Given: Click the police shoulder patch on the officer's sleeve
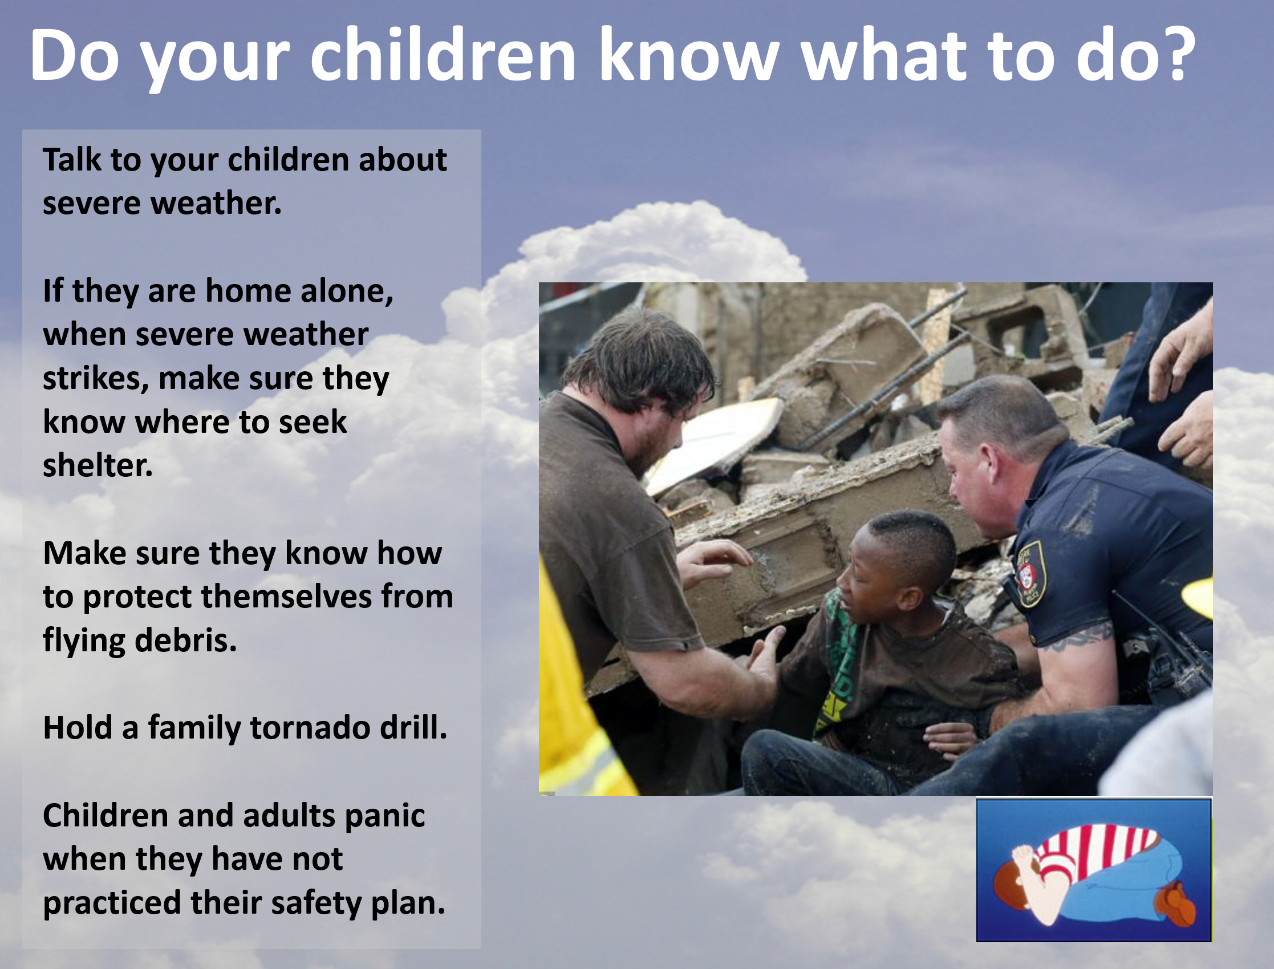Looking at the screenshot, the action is point(1030,574).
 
